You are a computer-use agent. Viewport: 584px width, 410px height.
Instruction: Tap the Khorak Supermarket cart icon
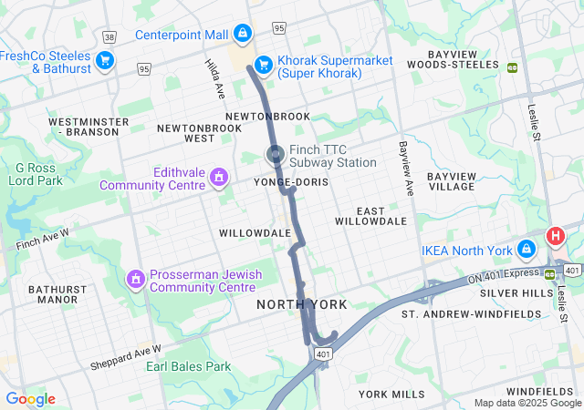pyautogui.click(x=263, y=64)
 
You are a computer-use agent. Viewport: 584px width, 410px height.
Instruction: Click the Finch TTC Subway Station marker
pyautogui.click(x=275, y=155)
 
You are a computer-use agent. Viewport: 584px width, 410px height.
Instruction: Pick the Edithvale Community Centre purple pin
pyautogui.click(x=219, y=176)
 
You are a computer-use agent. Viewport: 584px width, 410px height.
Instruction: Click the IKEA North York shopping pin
pyautogui.click(x=527, y=249)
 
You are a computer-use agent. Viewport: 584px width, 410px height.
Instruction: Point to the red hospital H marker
pyautogui.click(x=555, y=237)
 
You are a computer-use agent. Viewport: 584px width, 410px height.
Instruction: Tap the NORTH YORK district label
pyautogui.click(x=292, y=303)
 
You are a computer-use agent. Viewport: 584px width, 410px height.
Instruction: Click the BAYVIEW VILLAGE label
pyautogui.click(x=450, y=180)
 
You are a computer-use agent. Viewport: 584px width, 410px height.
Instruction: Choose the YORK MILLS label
pyautogui.click(x=391, y=394)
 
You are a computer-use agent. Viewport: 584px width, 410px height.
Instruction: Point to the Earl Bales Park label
pyautogui.click(x=188, y=366)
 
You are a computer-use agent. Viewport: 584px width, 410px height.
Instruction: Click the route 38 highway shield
pyautogui.click(x=110, y=37)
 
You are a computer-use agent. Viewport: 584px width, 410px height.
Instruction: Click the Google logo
pyautogui.click(x=30, y=399)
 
